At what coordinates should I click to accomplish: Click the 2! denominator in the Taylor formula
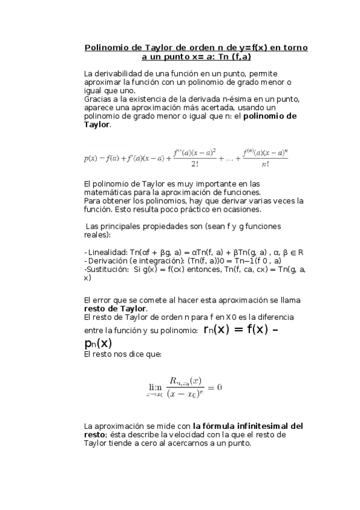point(195,164)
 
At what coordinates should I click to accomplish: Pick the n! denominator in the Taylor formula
point(265,164)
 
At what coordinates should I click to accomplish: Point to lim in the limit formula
point(155,387)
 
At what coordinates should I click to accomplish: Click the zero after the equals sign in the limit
point(220,387)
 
